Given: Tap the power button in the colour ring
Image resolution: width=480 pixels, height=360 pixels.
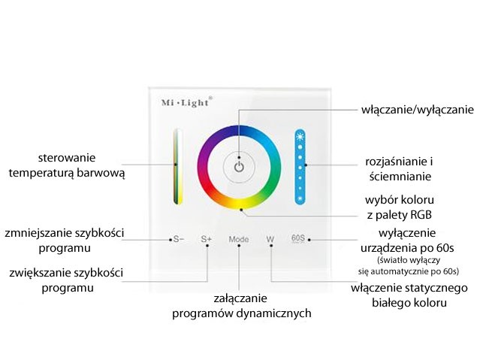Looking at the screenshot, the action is pyautogui.click(x=239, y=168).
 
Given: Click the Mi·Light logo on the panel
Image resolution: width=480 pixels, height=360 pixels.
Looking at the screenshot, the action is pyautogui.click(x=186, y=102).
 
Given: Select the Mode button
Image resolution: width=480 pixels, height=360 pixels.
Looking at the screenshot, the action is pyautogui.click(x=239, y=239).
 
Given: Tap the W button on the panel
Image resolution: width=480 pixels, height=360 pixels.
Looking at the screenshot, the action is pyautogui.click(x=270, y=239).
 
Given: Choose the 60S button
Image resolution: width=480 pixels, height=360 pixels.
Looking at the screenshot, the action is pyautogui.click(x=298, y=238).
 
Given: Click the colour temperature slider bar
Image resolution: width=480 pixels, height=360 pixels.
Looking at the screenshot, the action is pyautogui.click(x=178, y=166).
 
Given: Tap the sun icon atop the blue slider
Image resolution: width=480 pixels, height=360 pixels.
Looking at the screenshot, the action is pyautogui.click(x=300, y=136).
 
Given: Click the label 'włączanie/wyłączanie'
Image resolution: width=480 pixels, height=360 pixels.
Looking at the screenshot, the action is pyautogui.click(x=418, y=110).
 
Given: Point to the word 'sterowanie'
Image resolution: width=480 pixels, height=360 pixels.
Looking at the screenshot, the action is pyautogui.click(x=67, y=158).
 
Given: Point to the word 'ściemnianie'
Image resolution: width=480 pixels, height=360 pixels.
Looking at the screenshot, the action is pyautogui.click(x=400, y=177).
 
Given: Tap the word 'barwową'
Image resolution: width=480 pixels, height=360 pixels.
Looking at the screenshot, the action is pyautogui.click(x=101, y=173).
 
